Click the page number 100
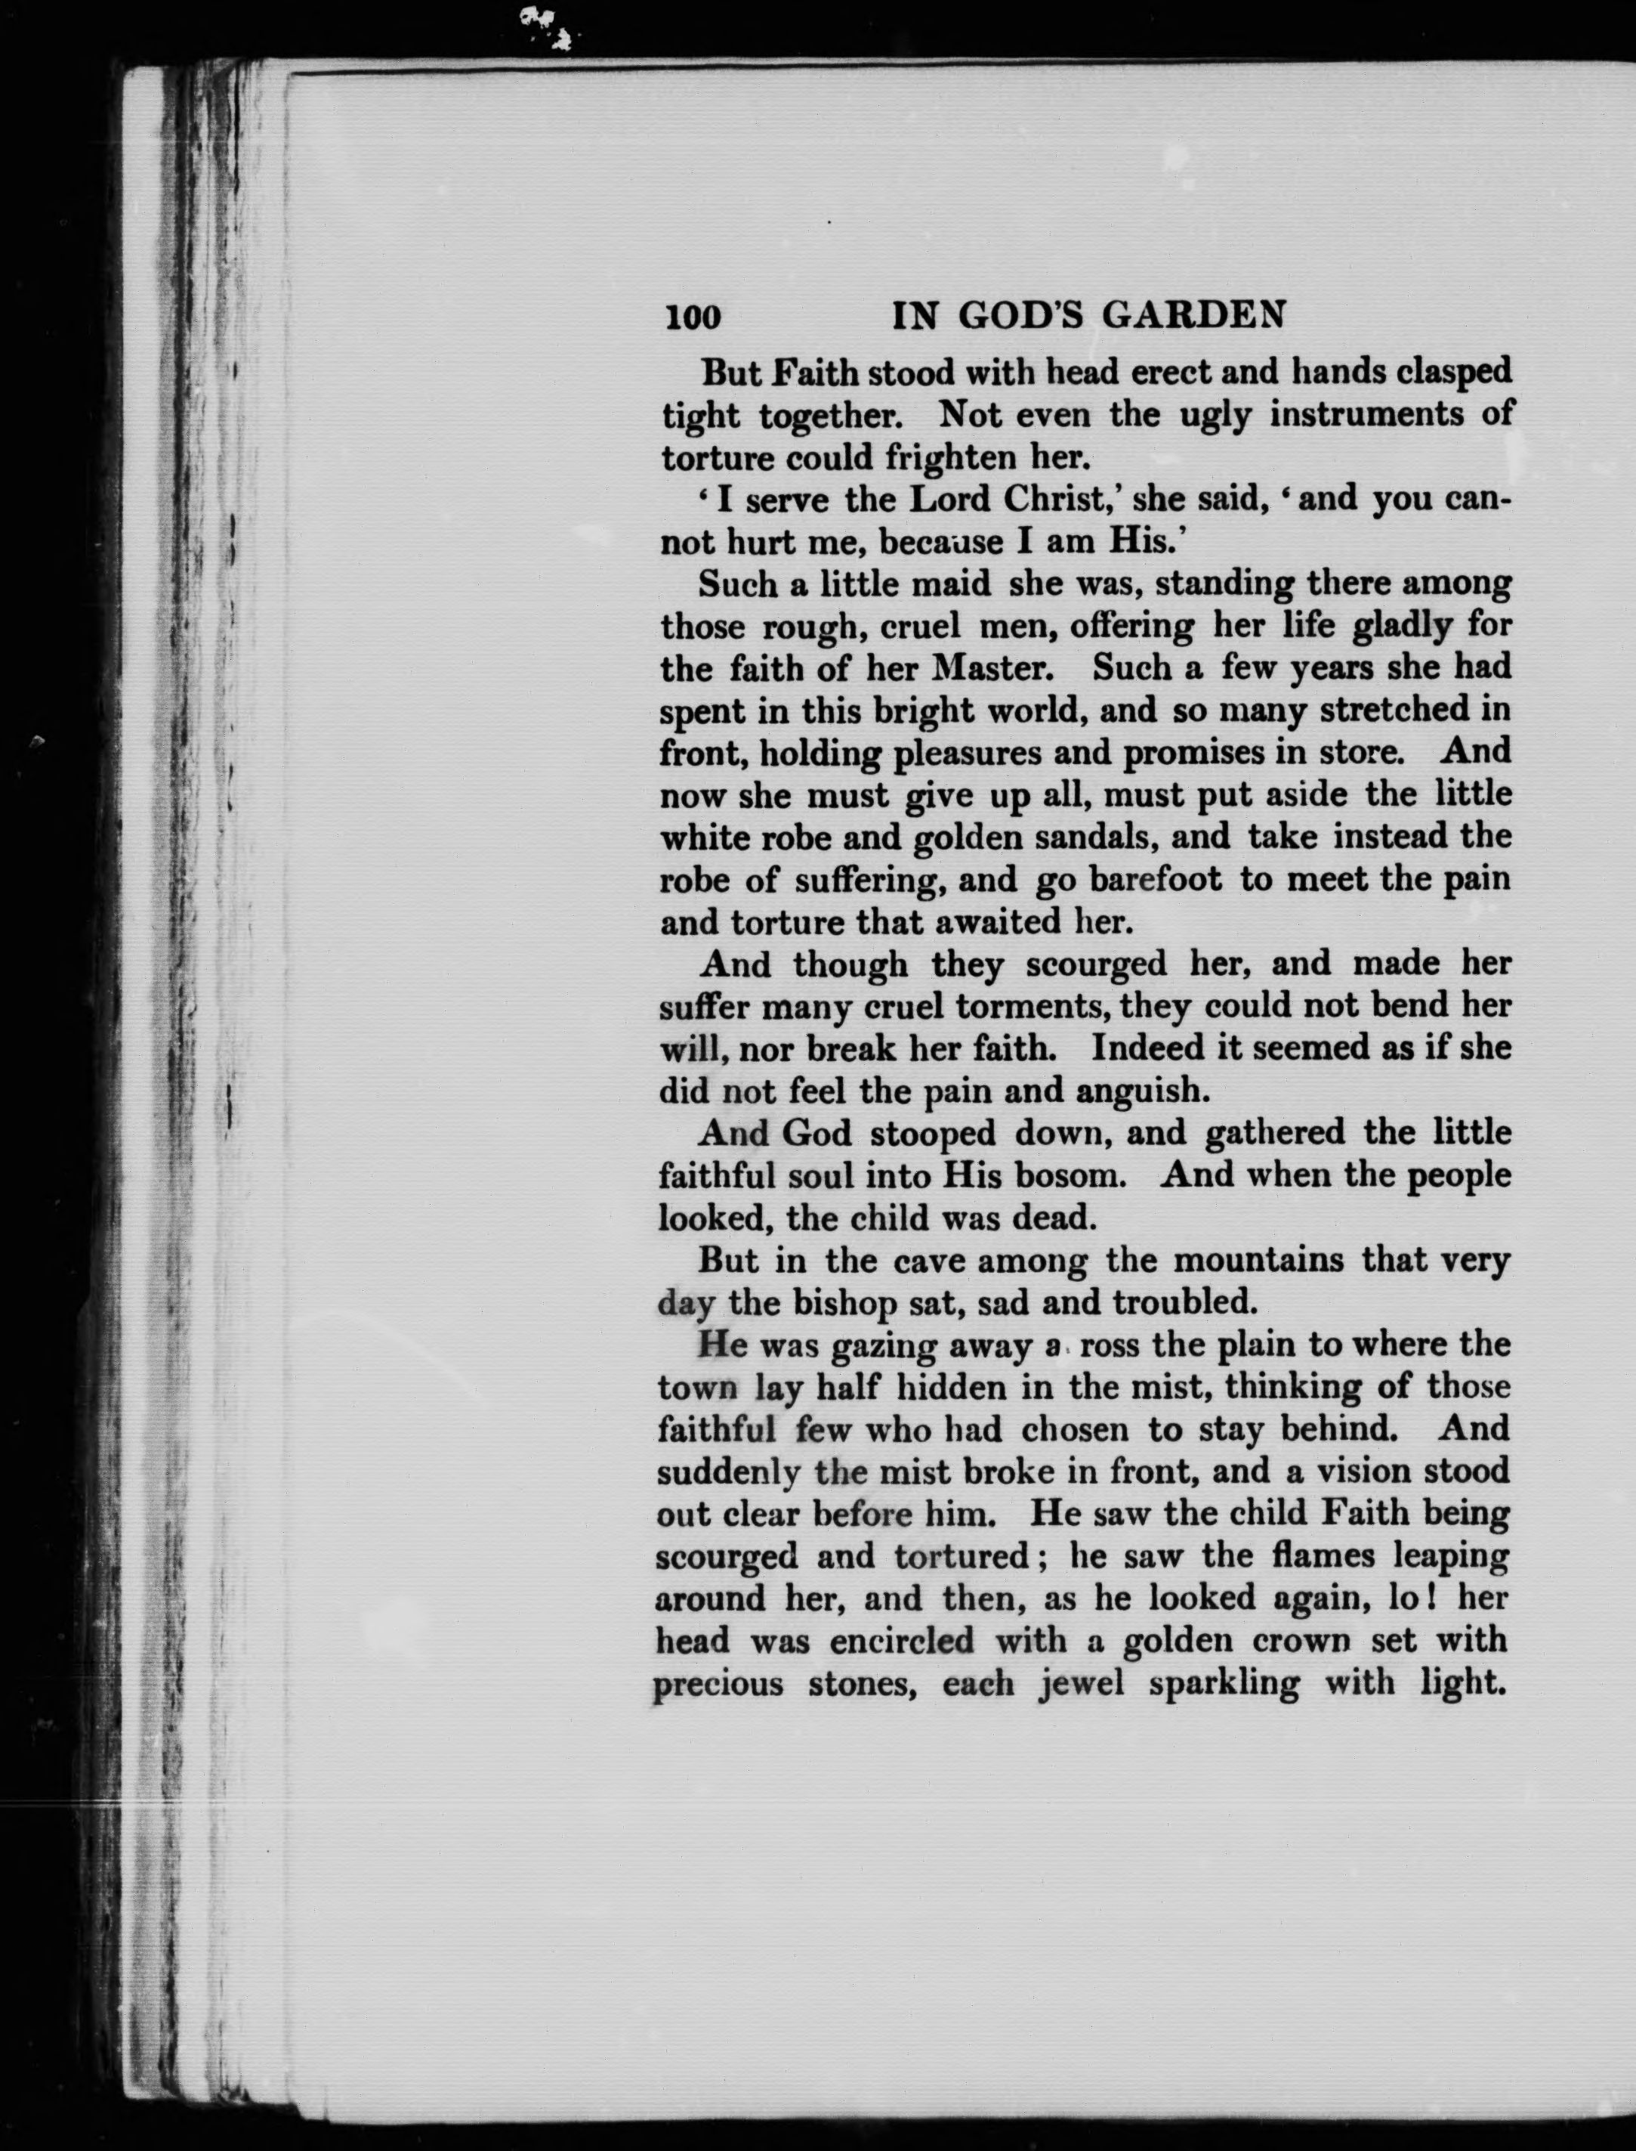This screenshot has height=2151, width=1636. point(693,317)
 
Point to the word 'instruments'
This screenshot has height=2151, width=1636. point(1354,415)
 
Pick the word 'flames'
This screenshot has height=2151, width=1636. point(1319,1555)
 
